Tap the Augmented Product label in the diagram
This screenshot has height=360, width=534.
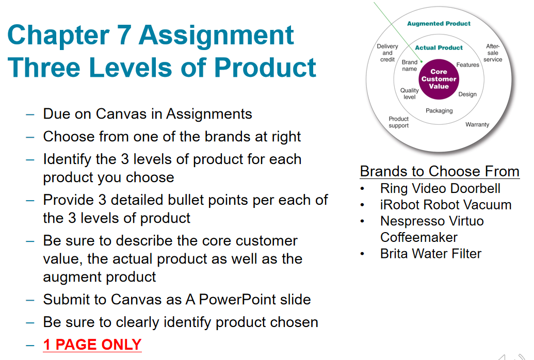tap(439, 23)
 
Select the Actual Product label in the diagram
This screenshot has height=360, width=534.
tap(439, 47)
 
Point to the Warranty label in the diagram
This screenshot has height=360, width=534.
tap(477, 124)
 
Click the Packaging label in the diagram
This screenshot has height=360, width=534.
tap(439, 110)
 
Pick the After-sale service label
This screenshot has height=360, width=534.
tap(493, 53)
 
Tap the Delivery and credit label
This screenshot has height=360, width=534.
tap(387, 53)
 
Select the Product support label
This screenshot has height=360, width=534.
tap(399, 122)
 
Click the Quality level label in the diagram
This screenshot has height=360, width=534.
tap(410, 93)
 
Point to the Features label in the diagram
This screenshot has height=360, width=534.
tap(468, 65)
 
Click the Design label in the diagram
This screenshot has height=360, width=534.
tap(467, 94)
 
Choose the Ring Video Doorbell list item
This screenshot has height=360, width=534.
tap(440, 188)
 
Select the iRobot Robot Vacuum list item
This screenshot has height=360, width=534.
tap(445, 205)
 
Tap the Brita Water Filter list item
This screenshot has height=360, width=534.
tap(430, 254)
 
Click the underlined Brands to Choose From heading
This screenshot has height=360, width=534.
tap(440, 171)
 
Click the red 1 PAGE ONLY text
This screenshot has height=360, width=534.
tap(92, 344)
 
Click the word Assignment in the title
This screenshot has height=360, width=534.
tap(216, 35)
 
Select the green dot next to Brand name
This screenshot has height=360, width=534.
tap(422, 61)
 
